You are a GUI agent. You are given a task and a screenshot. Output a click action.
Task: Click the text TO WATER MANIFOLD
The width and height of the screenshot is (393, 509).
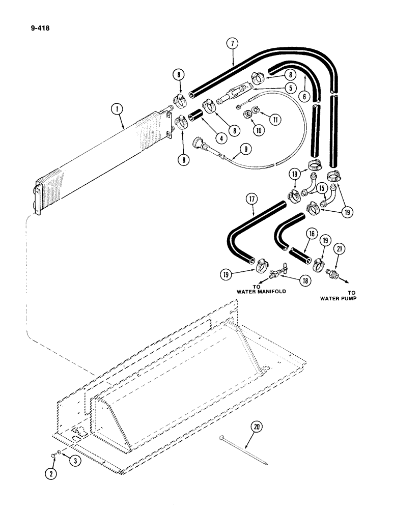click(x=258, y=290)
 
